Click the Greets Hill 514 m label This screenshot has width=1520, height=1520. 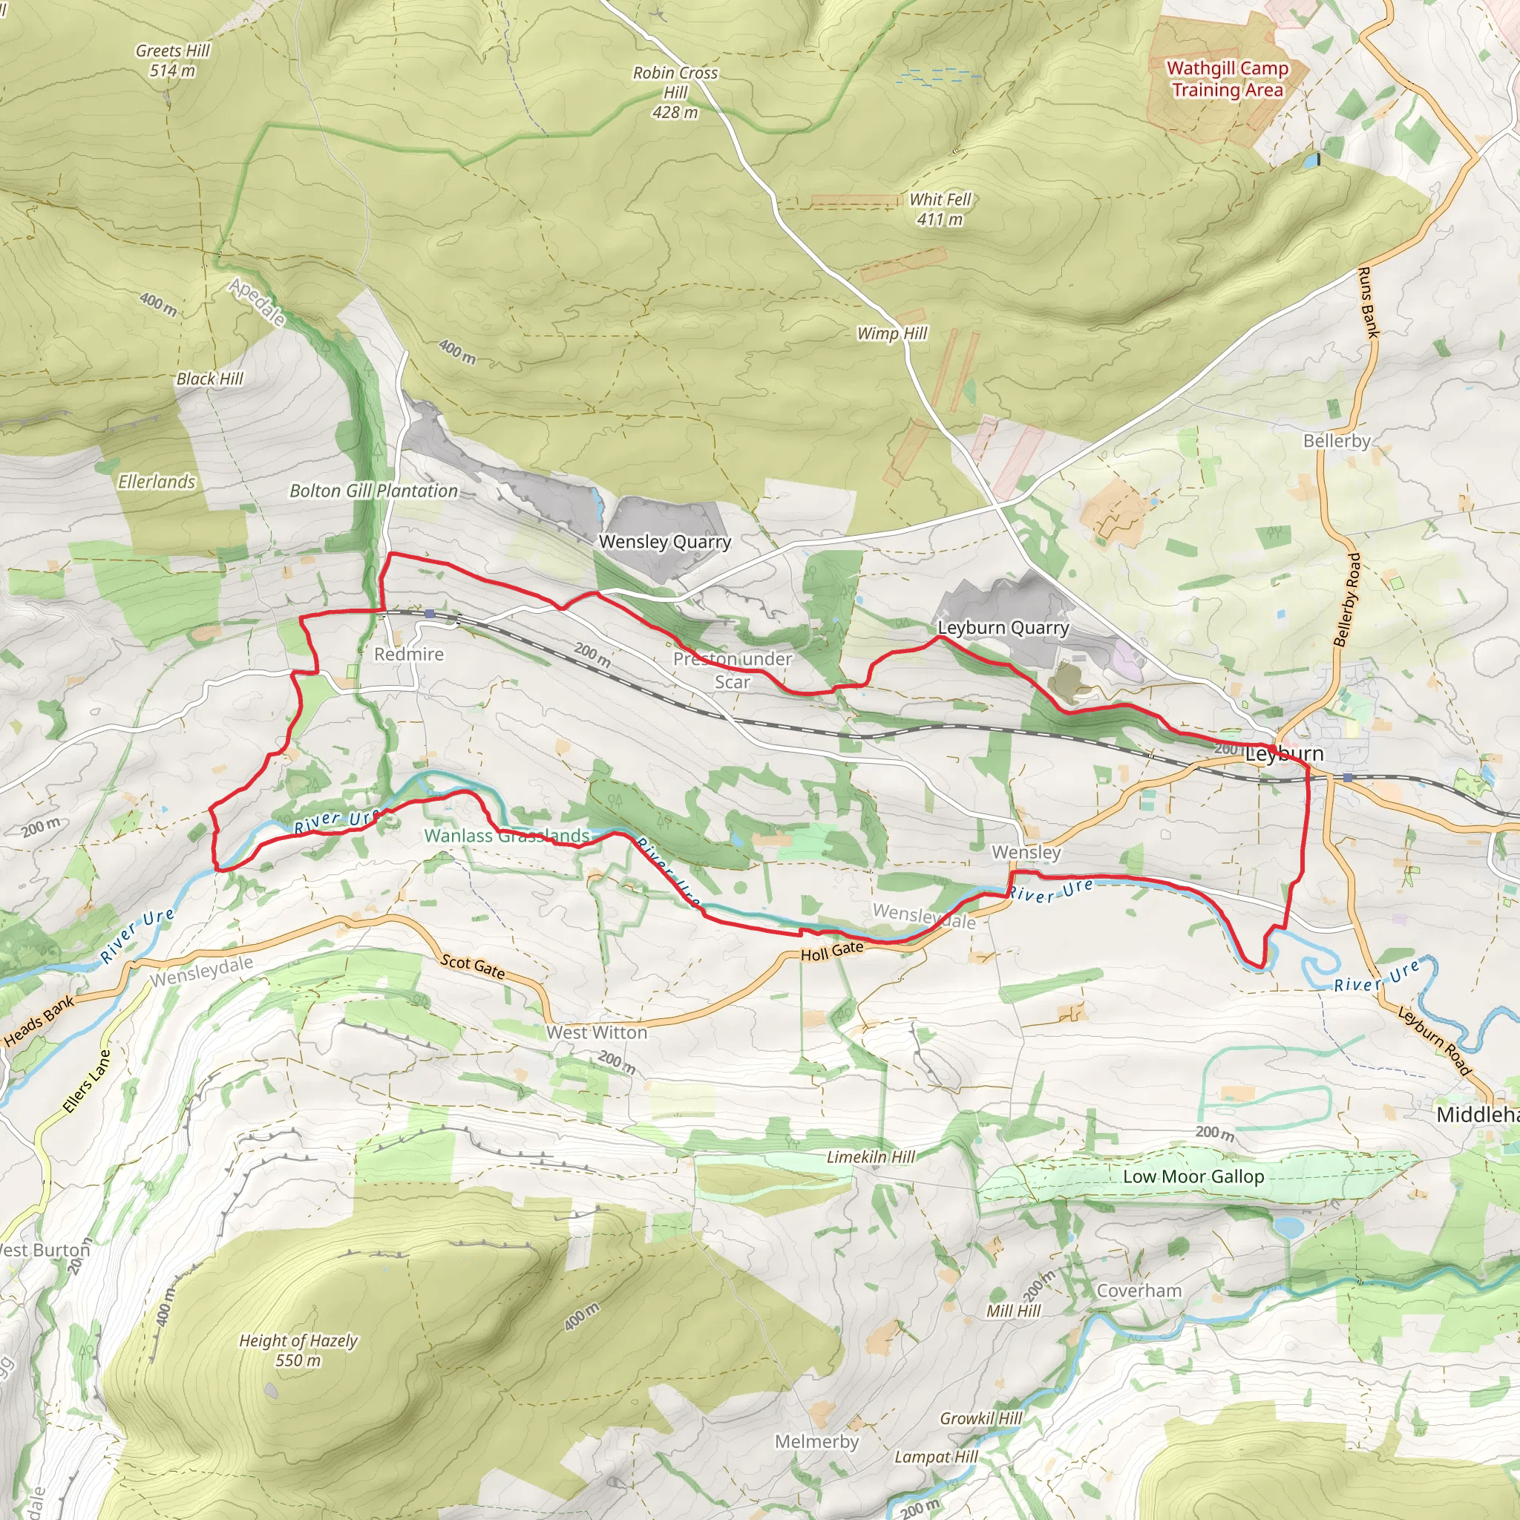point(172,61)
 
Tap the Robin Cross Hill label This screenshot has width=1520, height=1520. point(675,92)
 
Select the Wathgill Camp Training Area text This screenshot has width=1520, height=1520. point(1227,79)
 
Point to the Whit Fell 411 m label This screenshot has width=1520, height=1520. point(940,209)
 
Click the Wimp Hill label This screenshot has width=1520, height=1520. point(891,333)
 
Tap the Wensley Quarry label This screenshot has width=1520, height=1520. point(665,541)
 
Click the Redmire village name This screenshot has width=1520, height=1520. point(408,654)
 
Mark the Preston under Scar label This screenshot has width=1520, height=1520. point(733,669)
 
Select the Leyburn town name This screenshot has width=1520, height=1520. point(1284,754)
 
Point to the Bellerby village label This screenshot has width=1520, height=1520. point(1336,441)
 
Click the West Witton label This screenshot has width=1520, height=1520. point(597,1032)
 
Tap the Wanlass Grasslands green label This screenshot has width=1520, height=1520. point(507,836)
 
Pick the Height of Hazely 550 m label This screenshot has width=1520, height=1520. point(298,1350)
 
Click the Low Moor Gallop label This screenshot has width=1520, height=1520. point(1193,1176)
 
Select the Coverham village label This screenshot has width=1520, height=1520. point(1139,1290)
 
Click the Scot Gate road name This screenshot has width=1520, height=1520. point(473,966)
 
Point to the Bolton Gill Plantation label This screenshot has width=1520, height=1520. point(374,491)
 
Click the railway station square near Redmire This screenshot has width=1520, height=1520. point(429,613)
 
